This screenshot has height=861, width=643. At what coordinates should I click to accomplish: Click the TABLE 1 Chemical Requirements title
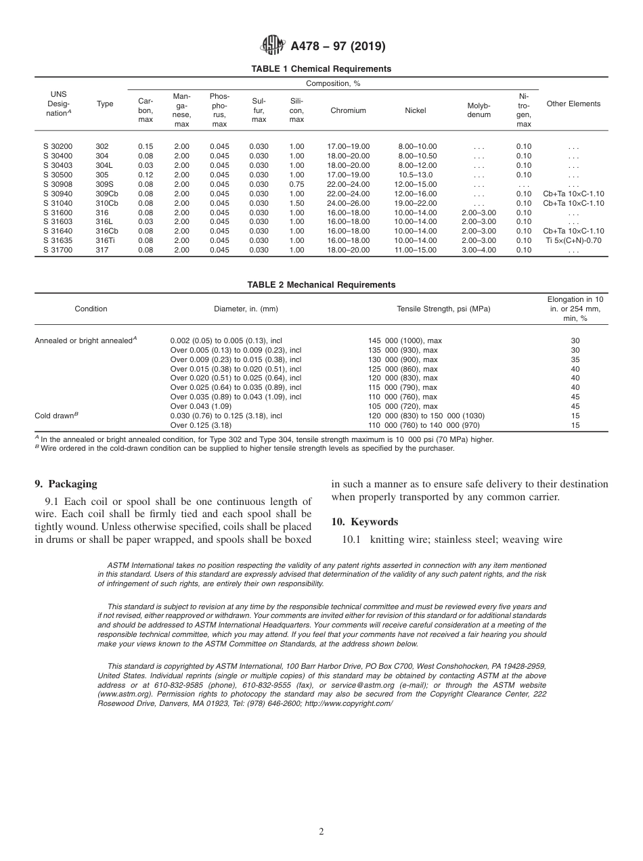pos(321,69)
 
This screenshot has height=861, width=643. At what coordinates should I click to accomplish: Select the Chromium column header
pos(348,110)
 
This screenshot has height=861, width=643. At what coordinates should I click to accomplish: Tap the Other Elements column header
pos(573,104)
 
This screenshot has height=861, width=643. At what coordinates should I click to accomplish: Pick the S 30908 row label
pos(55,184)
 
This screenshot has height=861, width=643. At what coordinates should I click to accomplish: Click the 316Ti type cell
pos(105,240)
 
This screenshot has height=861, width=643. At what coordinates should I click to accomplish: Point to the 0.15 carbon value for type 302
pos(146,146)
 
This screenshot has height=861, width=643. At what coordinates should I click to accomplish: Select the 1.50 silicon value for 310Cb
pos(296,203)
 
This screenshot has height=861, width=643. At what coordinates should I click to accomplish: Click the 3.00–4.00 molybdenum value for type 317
pos(479,250)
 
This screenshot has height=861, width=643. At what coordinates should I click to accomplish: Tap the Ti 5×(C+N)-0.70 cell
pos(573,240)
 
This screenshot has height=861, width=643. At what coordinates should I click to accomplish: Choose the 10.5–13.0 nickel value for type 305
pos(417,175)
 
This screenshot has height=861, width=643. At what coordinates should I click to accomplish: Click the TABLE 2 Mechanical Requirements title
pos(321,285)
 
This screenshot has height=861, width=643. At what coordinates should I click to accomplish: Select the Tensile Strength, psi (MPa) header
pos(443,309)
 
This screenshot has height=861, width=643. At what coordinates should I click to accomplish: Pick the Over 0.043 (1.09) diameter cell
pos(201,406)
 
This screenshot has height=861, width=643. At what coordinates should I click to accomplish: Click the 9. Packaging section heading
pos(66,484)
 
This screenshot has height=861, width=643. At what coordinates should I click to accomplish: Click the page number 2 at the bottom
pos(321,832)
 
